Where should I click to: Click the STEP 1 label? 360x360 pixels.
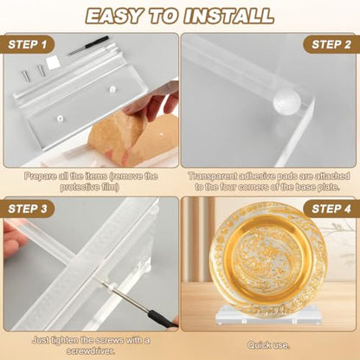(x=28, y=44)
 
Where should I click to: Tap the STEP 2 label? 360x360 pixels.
(x=331, y=44)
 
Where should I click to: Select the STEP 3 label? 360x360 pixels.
(x=28, y=209)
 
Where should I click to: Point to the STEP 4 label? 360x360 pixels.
(x=331, y=209)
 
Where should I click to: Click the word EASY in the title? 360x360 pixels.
(x=114, y=16)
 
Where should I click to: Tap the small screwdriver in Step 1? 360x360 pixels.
(x=87, y=45)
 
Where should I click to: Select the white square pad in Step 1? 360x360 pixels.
(x=53, y=63)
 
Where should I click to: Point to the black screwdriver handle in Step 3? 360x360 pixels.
(x=163, y=321)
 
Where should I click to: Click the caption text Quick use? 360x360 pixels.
(x=268, y=345)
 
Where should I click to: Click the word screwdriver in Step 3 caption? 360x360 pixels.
(x=91, y=350)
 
